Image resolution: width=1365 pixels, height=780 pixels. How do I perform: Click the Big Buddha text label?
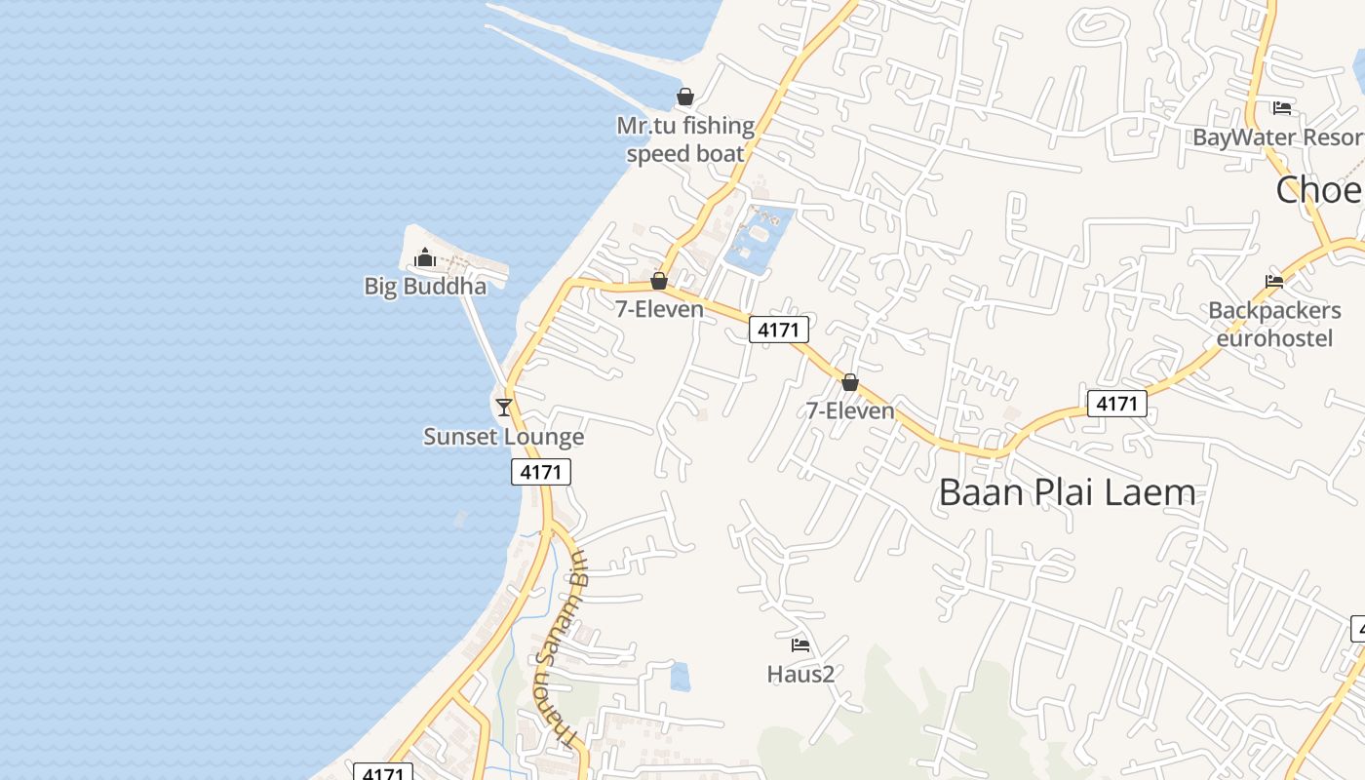coord(425,286)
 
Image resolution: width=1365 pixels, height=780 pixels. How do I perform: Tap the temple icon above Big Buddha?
coord(425,257)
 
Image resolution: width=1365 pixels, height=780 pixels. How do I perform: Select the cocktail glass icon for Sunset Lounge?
coord(504,407)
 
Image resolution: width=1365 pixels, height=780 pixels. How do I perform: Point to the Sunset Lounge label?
coord(503,436)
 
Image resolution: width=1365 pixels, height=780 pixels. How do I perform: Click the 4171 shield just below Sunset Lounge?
coord(541,472)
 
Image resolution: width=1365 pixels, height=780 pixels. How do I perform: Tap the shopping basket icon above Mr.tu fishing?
coord(685,97)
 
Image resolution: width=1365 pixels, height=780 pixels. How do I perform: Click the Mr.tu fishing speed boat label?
coord(685,139)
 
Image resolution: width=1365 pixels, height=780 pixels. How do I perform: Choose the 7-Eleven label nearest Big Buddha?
coord(659,309)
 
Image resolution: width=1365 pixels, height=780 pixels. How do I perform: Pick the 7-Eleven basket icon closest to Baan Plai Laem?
coord(850,382)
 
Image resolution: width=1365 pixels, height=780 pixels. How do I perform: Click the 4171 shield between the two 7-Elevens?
coord(779,330)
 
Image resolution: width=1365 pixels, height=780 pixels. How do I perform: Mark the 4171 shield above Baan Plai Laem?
coord(1116,403)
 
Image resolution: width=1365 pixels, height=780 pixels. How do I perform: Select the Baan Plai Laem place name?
coord(1067,492)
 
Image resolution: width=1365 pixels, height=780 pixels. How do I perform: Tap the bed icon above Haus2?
coord(800,644)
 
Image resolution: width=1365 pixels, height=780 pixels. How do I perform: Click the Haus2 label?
coord(800,674)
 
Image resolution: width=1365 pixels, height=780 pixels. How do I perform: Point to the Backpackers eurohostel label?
coord(1274,324)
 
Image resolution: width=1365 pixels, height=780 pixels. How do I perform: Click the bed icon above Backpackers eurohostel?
coord(1274,282)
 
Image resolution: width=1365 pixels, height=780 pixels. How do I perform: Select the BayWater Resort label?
coord(1278,137)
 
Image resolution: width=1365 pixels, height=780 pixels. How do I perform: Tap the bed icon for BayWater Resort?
coord(1282,107)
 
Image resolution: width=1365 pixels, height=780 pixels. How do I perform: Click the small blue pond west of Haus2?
coord(681,676)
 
